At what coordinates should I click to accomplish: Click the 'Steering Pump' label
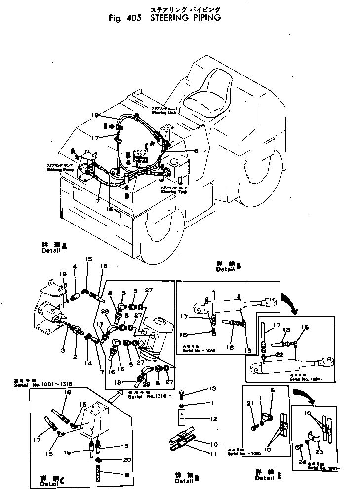click(x=46, y=169)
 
